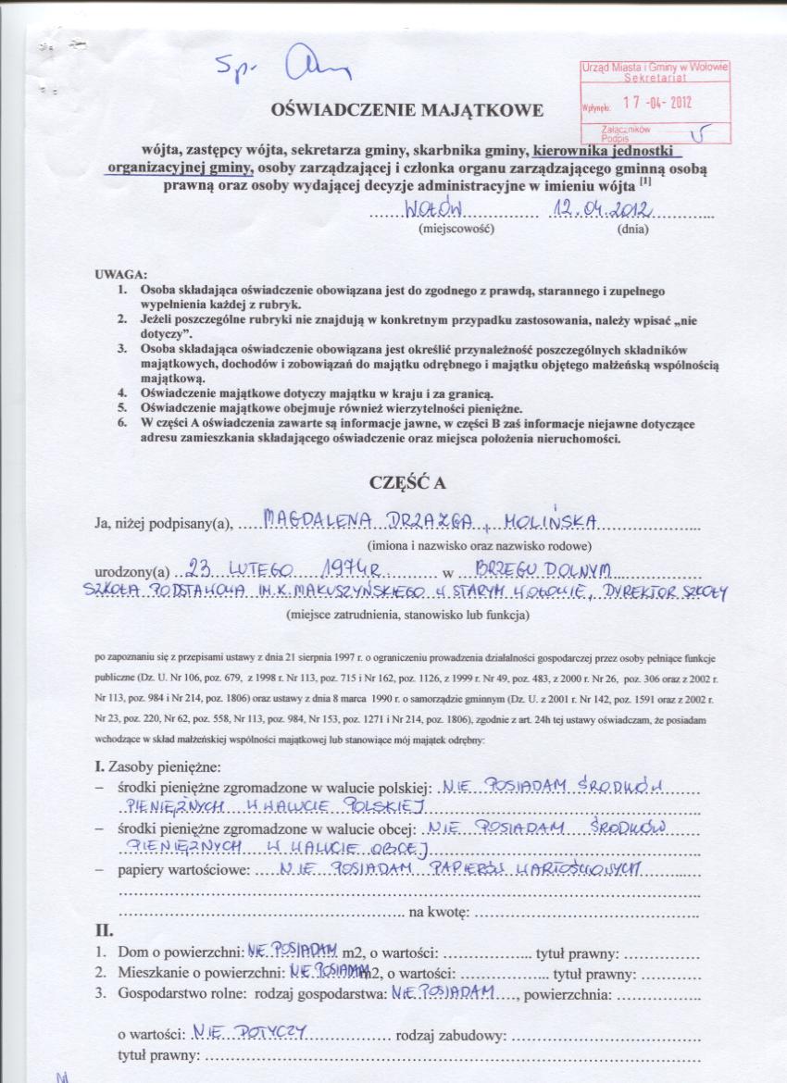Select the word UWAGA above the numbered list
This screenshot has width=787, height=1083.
pyautogui.click(x=120, y=276)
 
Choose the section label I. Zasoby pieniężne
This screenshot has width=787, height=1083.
pyautogui.click(x=157, y=766)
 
